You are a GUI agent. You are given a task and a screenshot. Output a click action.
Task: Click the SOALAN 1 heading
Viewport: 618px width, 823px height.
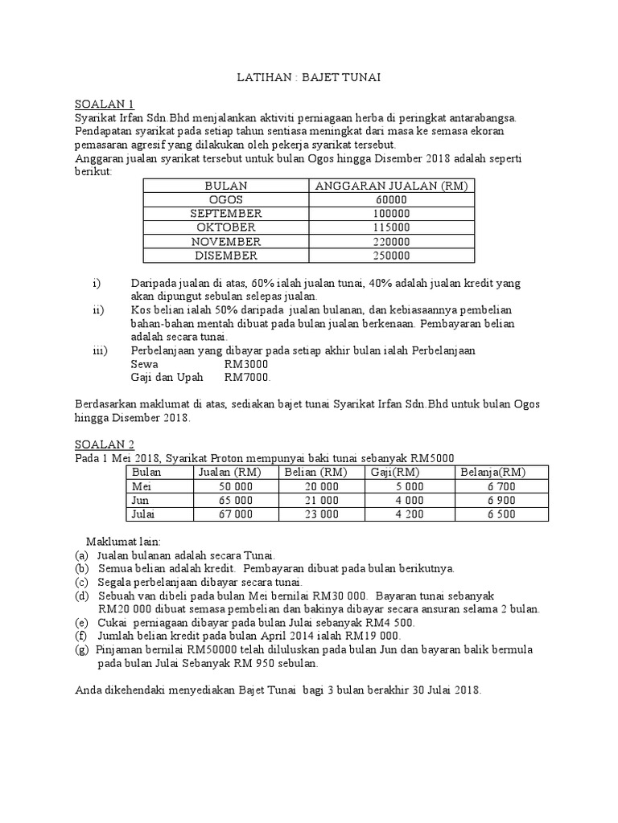click(x=105, y=104)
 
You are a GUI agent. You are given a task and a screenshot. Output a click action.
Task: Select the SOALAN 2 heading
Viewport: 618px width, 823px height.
click(x=105, y=444)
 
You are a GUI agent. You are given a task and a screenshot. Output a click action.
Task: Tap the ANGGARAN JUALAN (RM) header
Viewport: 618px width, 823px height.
click(x=391, y=186)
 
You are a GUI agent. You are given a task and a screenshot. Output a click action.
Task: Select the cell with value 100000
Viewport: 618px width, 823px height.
click(x=391, y=214)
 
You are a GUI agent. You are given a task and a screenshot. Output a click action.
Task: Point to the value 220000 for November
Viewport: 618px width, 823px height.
click(x=391, y=241)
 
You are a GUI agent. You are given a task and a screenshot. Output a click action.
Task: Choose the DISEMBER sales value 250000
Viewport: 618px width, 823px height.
click(x=391, y=256)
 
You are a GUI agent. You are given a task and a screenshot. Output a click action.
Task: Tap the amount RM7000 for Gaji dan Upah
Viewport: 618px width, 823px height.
click(x=248, y=377)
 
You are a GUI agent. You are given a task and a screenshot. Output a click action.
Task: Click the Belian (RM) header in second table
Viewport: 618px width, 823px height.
click(x=311, y=471)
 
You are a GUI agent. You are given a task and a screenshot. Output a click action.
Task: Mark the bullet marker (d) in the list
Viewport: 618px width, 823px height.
click(x=81, y=596)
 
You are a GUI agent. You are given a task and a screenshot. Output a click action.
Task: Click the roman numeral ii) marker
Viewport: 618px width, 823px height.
click(x=98, y=309)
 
